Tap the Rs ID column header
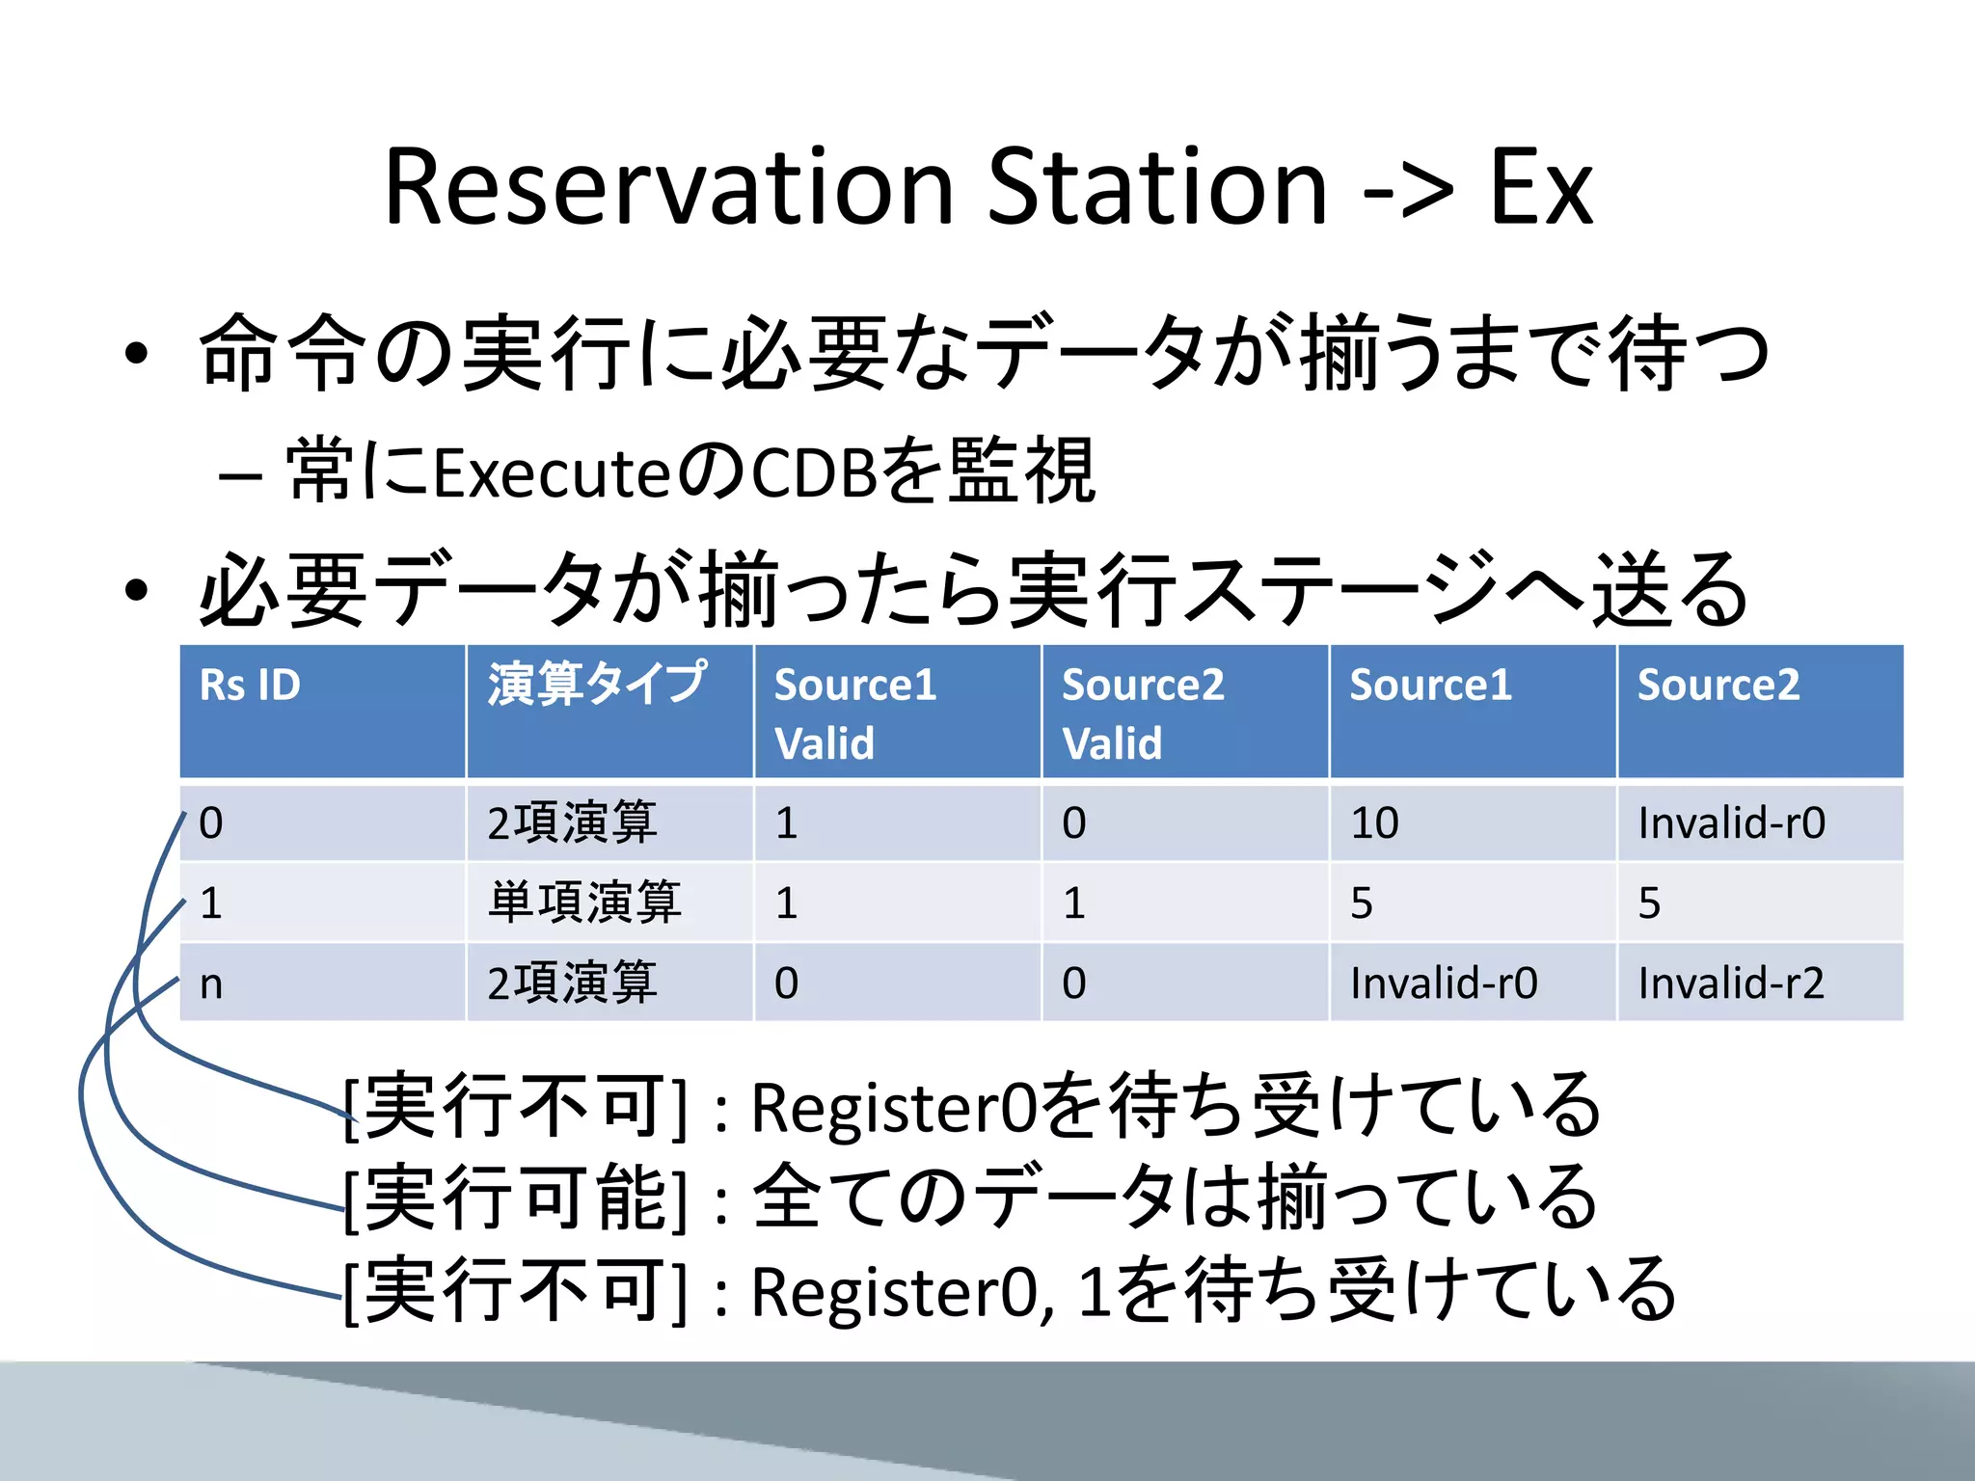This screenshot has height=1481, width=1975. coord(250,686)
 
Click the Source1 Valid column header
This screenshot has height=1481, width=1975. coord(854,714)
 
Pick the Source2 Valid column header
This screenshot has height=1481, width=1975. coord(1142,714)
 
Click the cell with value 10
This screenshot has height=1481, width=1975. coord(1374,823)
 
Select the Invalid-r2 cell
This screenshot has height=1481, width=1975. coord(1731,983)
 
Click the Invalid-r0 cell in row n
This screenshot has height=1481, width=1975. coord(1444,983)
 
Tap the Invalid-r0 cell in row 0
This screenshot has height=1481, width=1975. coord(1731,823)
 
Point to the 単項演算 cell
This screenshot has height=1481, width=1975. coord(584,903)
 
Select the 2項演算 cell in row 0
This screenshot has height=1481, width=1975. coord(572,823)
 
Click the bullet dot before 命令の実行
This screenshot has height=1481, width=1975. coord(136,353)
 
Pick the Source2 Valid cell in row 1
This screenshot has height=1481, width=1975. coord(1074,903)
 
